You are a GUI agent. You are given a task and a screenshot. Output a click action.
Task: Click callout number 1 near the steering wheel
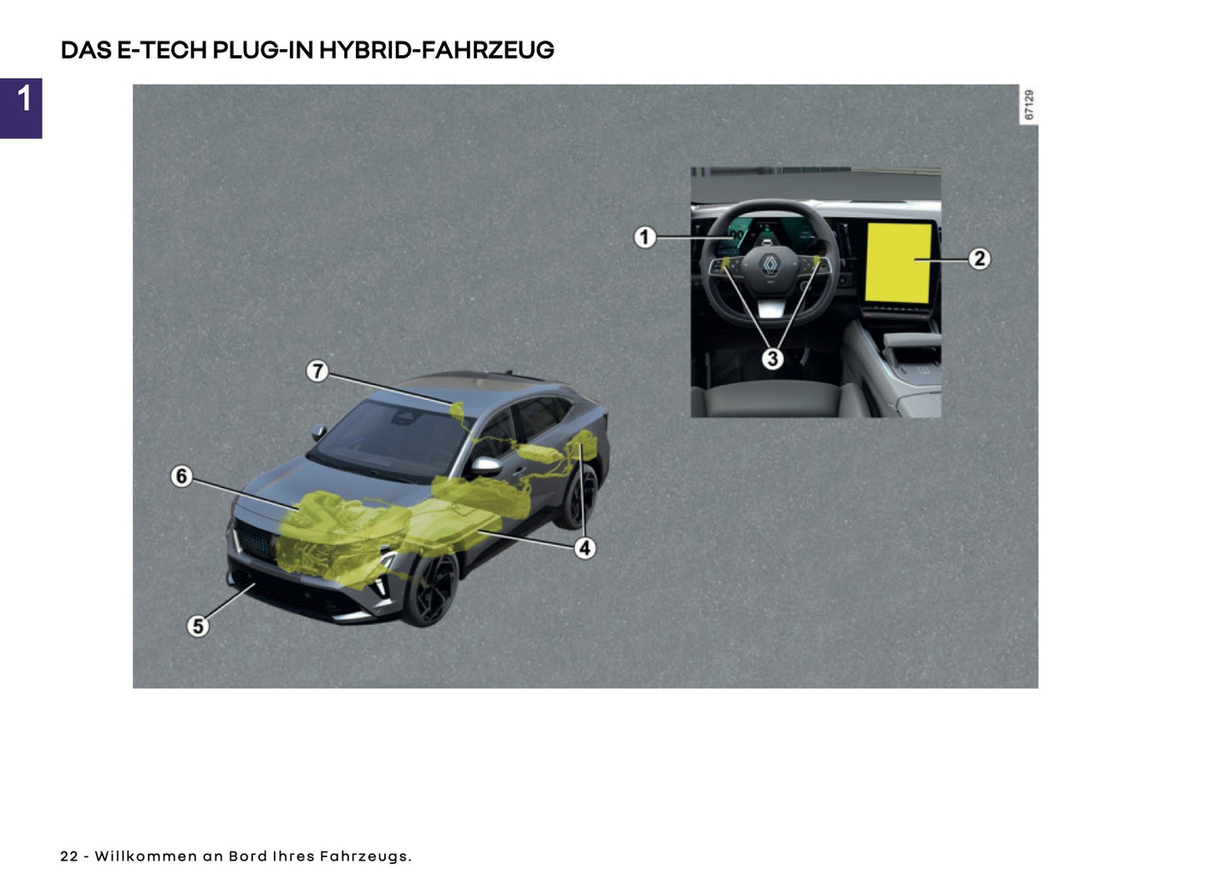[644, 237]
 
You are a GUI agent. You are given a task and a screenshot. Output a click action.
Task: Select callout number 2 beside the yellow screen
[979, 259]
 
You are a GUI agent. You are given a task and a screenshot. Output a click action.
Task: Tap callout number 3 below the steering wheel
[772, 358]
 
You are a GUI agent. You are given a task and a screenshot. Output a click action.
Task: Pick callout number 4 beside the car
[585, 548]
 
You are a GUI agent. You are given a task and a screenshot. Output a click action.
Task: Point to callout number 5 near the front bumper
[197, 626]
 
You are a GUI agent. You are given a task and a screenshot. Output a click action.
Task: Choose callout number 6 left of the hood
[181, 476]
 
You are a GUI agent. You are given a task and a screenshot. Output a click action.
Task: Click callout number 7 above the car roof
[317, 370]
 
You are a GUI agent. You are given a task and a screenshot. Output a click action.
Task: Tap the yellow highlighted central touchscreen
[898, 262]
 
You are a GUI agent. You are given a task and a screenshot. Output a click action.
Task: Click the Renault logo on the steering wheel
[769, 265]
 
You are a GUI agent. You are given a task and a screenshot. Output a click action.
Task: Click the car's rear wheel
[581, 497]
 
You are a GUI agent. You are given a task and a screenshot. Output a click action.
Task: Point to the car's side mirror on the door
[485, 465]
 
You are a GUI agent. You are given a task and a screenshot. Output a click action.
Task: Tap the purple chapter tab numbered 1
[22, 108]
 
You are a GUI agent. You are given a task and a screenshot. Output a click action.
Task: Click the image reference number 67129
[1028, 105]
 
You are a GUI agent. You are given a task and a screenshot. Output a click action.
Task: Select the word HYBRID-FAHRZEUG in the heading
[436, 50]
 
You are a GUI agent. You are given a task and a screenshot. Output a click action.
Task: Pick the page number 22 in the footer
[68, 856]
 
